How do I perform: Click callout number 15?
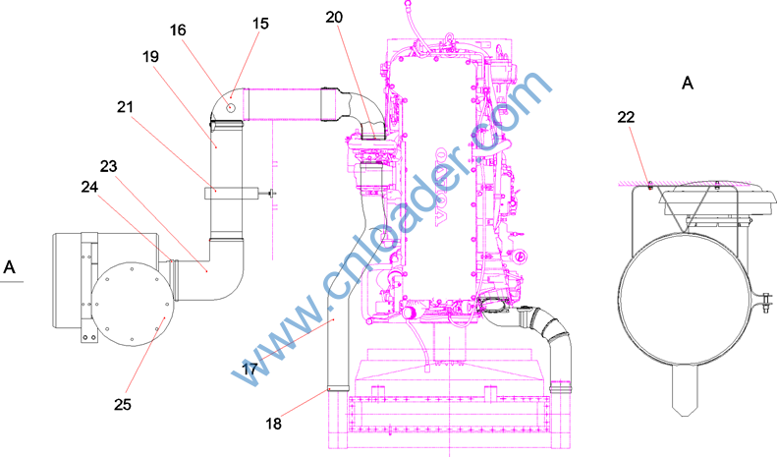coord(260,24)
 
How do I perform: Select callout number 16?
coord(178,30)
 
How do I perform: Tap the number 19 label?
coord(150,56)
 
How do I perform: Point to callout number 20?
coord(334,18)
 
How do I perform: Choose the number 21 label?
coord(126,106)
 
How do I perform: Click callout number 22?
coord(626,117)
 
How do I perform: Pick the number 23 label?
coord(108,166)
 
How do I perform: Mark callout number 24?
coord(89,187)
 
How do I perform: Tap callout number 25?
coord(123,405)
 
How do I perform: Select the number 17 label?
coord(250,369)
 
